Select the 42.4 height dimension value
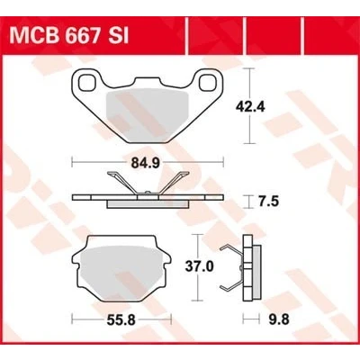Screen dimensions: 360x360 (x=250, y=106)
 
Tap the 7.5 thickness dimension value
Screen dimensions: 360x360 (x=268, y=202)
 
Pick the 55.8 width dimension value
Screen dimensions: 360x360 (x=121, y=320)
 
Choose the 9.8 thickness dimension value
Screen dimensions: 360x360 (x=279, y=319)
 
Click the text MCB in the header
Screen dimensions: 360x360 (x=31, y=37)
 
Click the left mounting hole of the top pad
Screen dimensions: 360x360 (x=86, y=81)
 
